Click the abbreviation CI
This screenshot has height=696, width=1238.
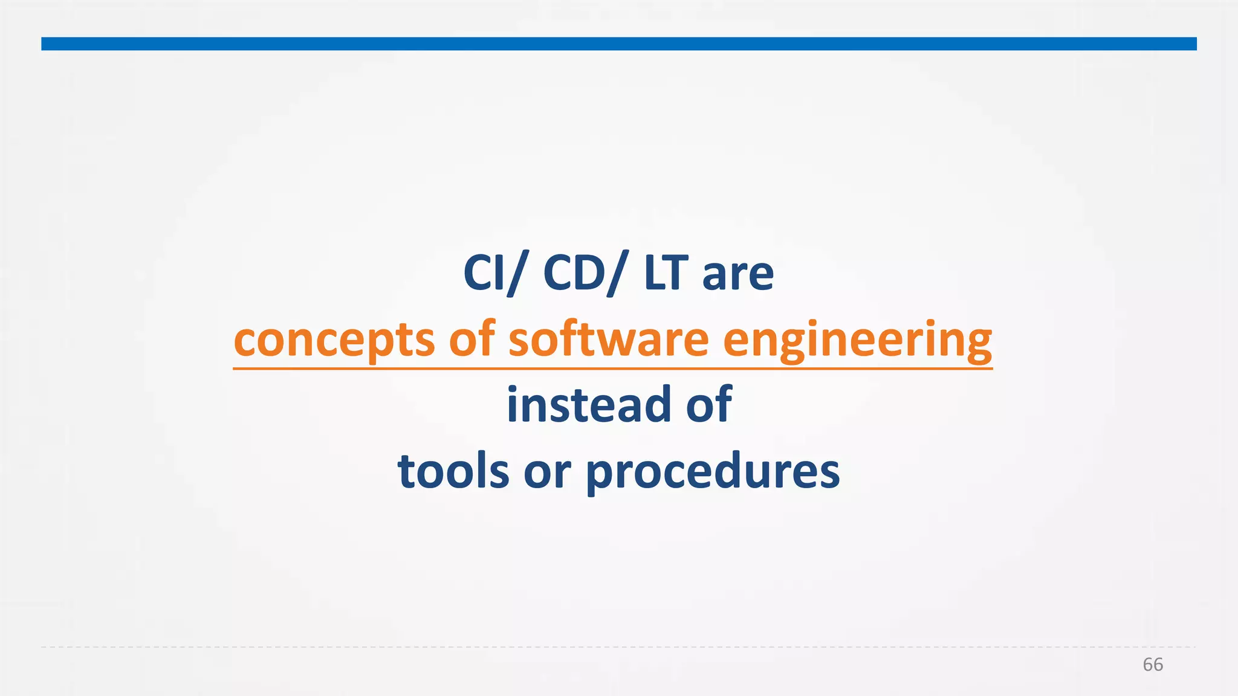pyautogui.click(x=484, y=273)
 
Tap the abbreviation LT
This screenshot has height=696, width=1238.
pyautogui.click(x=665, y=273)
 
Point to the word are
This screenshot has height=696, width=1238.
pyautogui.click(x=737, y=275)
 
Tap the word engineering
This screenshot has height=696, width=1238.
pyautogui.click(x=857, y=340)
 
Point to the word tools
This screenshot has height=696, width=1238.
pyautogui.click(x=453, y=471)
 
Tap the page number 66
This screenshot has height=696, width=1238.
pyautogui.click(x=1152, y=665)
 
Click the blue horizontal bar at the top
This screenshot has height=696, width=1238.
pyautogui.click(x=619, y=43)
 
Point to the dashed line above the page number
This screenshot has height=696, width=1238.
pyautogui.click(x=619, y=647)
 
